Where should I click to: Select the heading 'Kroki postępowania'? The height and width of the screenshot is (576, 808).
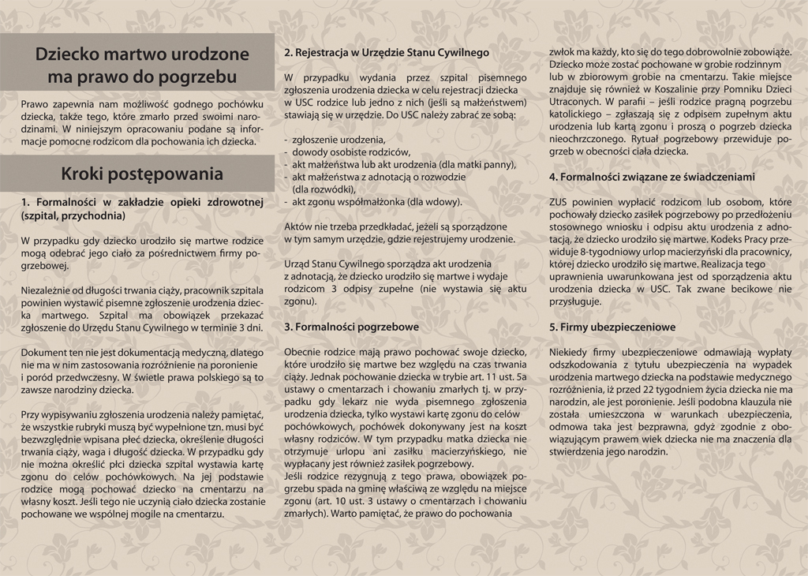pyautogui.click(x=142, y=174)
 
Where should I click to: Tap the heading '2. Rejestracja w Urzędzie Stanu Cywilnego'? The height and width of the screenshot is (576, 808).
pyautogui.click(x=387, y=53)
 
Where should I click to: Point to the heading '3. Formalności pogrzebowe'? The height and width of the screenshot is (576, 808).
pyautogui.click(x=351, y=326)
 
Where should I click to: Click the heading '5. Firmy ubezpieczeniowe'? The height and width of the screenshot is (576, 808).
pyautogui.click(x=612, y=326)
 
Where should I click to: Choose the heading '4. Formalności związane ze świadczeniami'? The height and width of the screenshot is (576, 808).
pyautogui.click(x=652, y=178)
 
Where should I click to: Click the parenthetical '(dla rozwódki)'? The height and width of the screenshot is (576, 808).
pyautogui.click(x=324, y=189)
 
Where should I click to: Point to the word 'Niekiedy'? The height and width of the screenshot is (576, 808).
pyautogui.click(x=569, y=352)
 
